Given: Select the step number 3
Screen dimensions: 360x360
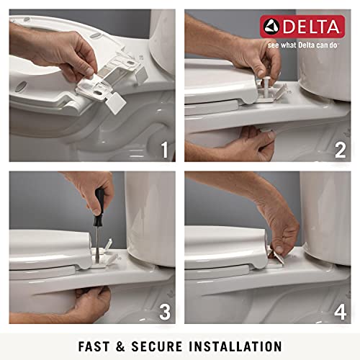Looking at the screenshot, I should click(x=164, y=312).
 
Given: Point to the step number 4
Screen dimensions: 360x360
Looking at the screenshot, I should click(x=340, y=312).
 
